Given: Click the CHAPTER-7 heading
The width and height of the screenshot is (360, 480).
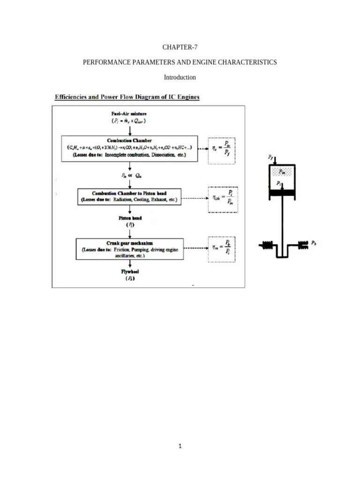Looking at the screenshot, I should pos(180,47).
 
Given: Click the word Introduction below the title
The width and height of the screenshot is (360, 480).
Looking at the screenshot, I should pos(180,77).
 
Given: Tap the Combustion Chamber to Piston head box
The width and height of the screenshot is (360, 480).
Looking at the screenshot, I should pos(130,196).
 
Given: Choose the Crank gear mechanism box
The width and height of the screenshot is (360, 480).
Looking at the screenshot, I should pos(130,249).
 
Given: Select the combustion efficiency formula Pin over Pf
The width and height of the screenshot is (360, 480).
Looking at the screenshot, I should pos(221,149).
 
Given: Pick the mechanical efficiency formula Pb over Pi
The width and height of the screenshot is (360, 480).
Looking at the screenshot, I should pos(221,249).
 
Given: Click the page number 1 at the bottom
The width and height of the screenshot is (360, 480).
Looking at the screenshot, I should pos(180,446).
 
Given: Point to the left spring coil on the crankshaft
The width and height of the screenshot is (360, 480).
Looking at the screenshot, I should pos(267,244).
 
